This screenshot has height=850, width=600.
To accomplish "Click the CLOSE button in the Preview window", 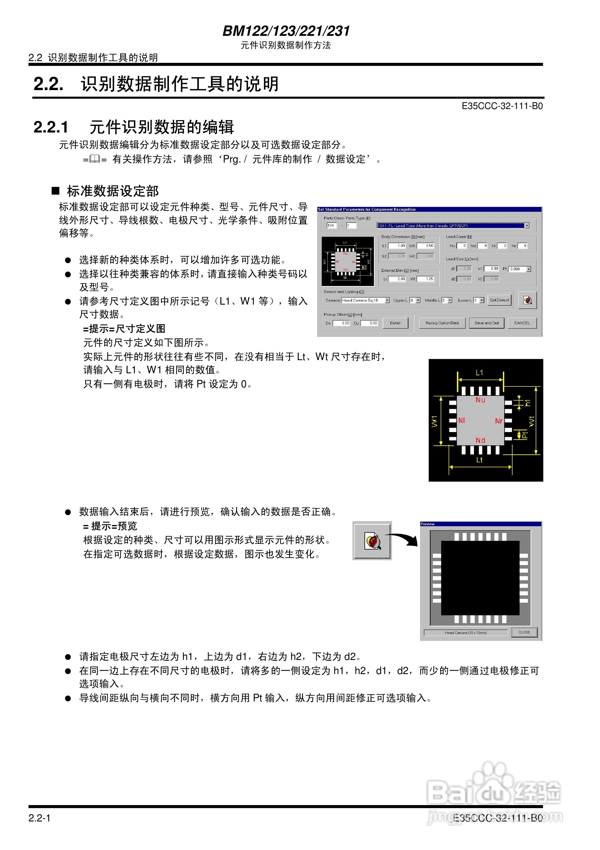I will (x=524, y=632).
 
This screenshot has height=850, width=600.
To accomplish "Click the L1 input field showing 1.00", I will (x=397, y=246).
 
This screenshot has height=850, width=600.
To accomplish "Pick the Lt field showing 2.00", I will (x=397, y=279).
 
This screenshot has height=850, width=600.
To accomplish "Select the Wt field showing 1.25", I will (x=425, y=279).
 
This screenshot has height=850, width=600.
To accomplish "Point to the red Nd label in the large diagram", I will (x=480, y=440).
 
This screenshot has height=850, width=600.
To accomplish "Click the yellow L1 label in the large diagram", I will (x=479, y=373).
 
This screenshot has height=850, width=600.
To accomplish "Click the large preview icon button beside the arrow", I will (x=372, y=541).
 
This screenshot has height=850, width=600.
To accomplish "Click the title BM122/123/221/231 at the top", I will (x=286, y=31).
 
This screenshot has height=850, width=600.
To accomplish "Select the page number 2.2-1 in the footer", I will (x=39, y=818).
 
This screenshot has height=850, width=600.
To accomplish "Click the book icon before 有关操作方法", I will (x=95, y=159).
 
